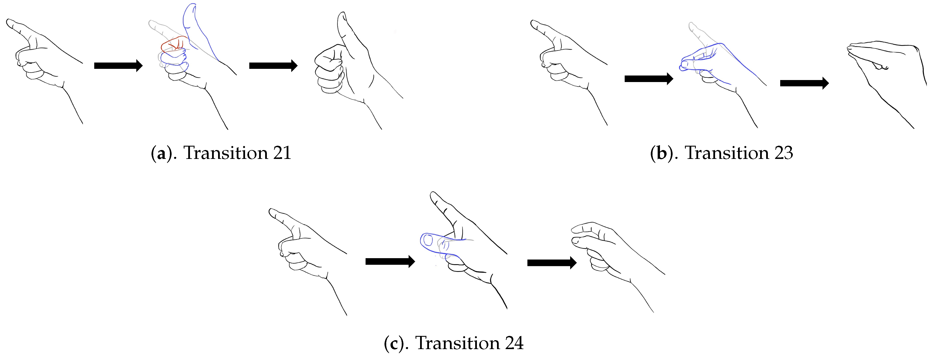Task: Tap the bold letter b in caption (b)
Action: [x=661, y=153]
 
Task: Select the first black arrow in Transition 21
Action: [x=118, y=66]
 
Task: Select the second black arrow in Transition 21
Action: [x=273, y=66]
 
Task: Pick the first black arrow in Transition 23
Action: [x=649, y=78]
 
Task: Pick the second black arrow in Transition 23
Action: [x=804, y=83]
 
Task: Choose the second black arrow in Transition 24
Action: [x=552, y=262]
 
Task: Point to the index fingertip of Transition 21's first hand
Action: [x=9, y=23]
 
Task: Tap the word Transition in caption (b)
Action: [x=727, y=153]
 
